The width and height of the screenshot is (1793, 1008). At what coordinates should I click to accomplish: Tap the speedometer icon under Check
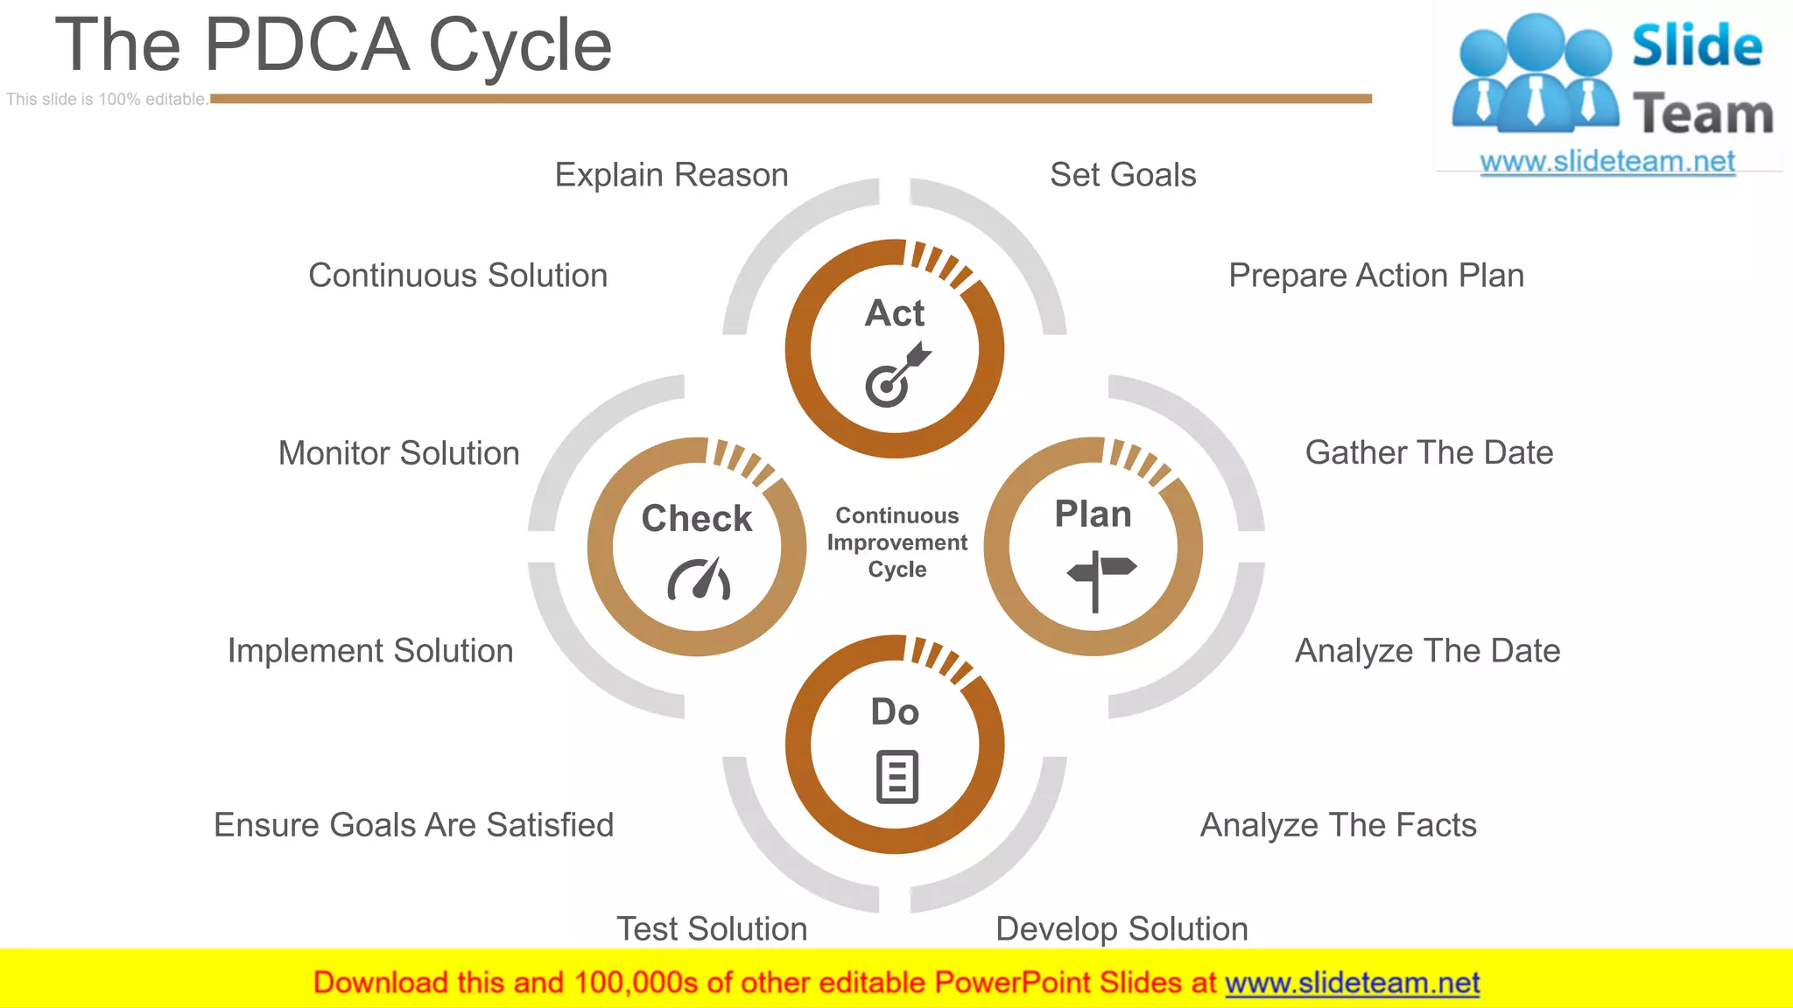[699, 579]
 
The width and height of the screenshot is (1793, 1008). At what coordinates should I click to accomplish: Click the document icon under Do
[896, 776]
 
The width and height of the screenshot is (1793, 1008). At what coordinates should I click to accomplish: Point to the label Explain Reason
[671, 175]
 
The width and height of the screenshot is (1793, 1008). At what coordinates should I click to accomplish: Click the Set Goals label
[1122, 175]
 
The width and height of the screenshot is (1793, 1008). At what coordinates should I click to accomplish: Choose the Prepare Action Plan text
[1375, 276]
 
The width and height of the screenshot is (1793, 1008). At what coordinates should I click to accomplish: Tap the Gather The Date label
[1429, 452]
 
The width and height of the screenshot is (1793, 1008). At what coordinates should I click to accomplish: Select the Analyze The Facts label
[1338, 825]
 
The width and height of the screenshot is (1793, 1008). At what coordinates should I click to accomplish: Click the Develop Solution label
[1122, 928]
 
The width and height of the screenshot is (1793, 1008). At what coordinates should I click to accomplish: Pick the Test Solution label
[712, 928]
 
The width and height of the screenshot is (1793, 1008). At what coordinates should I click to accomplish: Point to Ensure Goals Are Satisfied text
[413, 825]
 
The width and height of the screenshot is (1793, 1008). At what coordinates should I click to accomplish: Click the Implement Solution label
[370, 651]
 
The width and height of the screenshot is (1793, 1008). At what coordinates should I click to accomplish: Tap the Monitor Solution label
[398, 453]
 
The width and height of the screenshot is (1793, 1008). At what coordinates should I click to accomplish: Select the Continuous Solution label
[458, 276]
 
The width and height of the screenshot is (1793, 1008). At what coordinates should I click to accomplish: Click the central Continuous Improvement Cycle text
[896, 542]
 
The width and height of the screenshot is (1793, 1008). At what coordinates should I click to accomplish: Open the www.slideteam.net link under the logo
[1607, 162]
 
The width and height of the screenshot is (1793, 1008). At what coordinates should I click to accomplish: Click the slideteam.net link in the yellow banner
[1352, 983]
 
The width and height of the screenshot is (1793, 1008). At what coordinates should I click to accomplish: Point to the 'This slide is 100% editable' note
[107, 100]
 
